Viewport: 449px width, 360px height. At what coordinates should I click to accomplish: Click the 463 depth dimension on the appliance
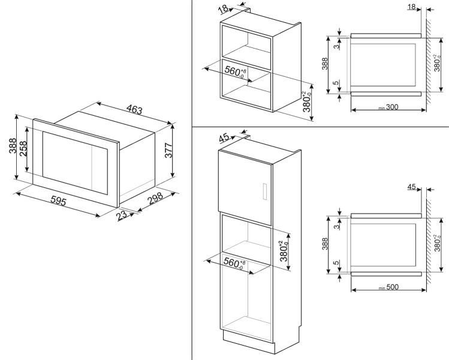134,110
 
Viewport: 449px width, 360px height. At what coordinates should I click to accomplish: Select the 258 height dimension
23,148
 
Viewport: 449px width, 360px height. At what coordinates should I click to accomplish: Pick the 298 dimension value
155,202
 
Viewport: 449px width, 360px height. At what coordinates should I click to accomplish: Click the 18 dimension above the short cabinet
224,8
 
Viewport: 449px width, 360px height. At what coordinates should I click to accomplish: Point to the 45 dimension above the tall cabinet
224,139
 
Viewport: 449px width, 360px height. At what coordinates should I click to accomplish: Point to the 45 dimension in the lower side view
411,187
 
